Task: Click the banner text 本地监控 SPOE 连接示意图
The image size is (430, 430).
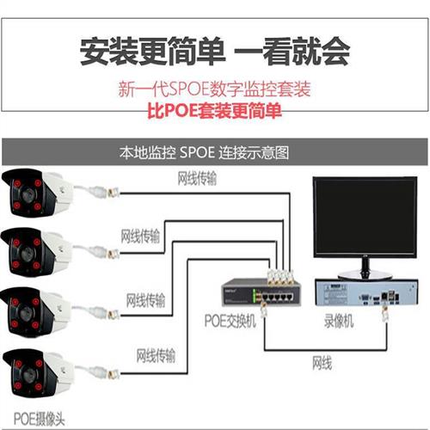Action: [206, 152]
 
